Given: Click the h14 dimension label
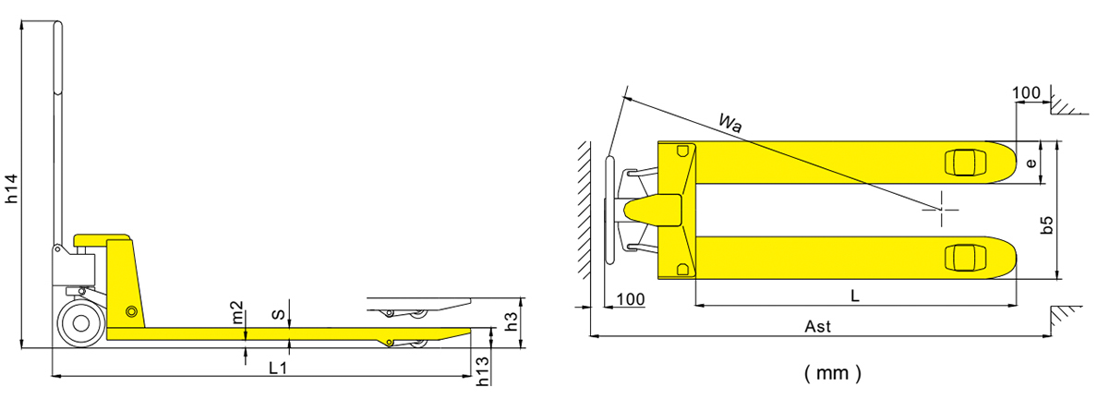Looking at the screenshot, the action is (12, 188).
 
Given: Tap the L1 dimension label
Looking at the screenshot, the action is (279, 368).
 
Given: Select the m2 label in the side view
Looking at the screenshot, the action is (237, 312).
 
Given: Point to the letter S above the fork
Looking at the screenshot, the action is (279, 316).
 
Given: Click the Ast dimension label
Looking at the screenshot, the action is (818, 326).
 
